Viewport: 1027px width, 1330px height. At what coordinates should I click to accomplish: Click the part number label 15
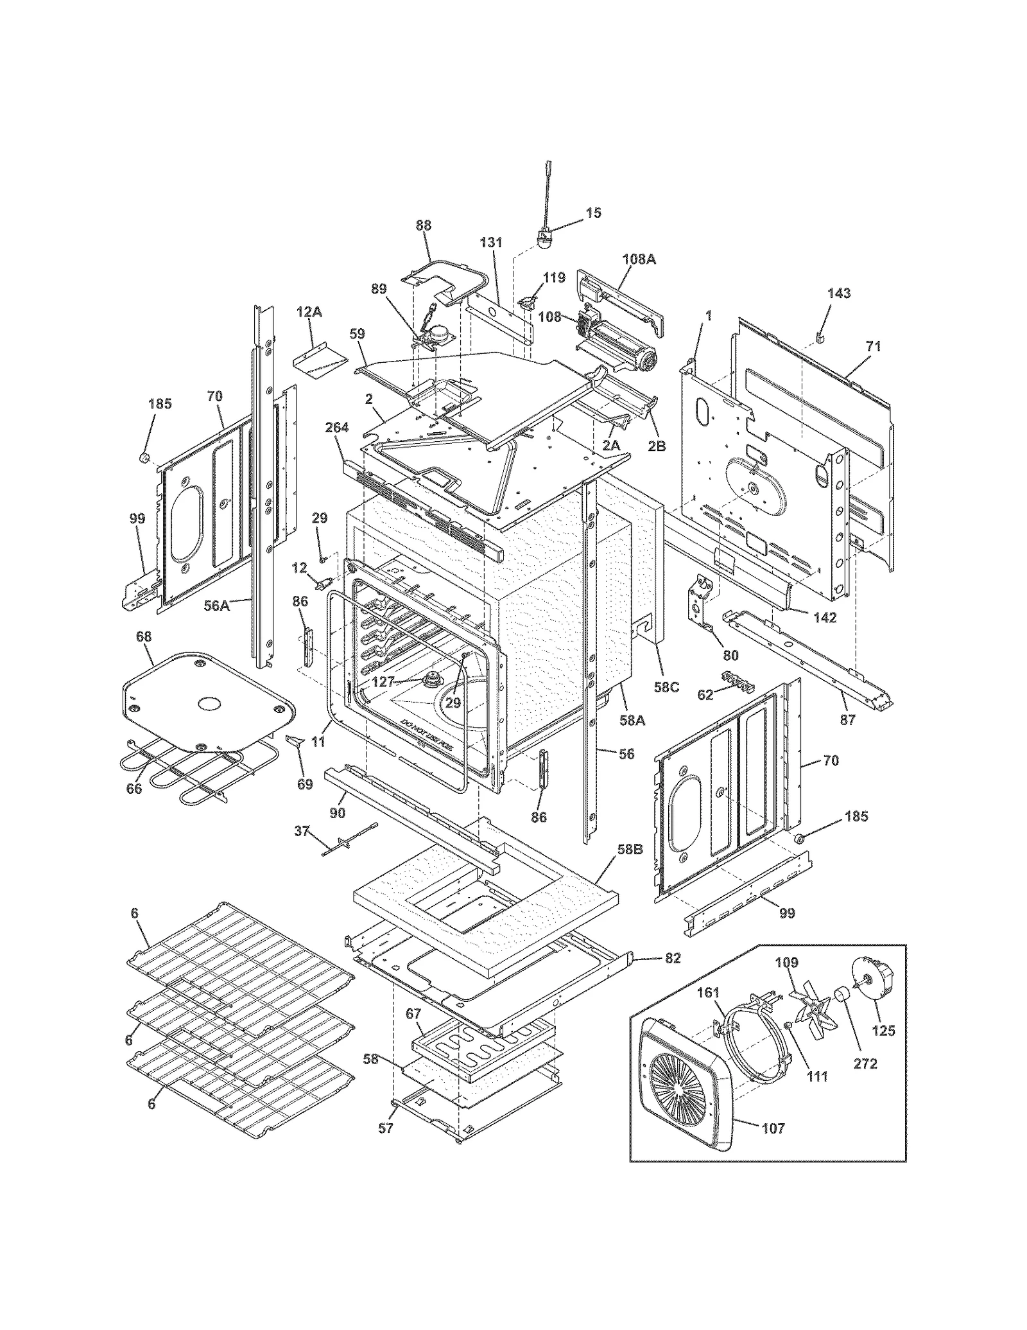594,213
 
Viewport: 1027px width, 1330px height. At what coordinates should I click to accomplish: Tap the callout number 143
839,293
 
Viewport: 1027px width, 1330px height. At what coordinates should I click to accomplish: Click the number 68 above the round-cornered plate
144,636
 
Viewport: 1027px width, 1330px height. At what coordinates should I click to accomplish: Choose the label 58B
630,849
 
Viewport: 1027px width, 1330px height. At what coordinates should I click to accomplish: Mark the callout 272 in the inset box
865,1064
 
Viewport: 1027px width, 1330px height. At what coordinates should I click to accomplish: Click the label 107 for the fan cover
772,1128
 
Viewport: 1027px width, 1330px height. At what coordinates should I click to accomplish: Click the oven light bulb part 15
543,241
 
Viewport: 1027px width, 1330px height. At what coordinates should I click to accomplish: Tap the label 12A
309,312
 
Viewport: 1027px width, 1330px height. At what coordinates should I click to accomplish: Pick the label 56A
216,605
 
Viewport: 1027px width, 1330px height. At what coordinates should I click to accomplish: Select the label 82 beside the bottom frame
672,959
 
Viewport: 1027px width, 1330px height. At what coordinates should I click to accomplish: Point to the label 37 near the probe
302,831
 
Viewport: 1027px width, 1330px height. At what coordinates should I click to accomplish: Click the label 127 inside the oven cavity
383,683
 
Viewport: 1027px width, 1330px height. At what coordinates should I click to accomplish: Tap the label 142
825,617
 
